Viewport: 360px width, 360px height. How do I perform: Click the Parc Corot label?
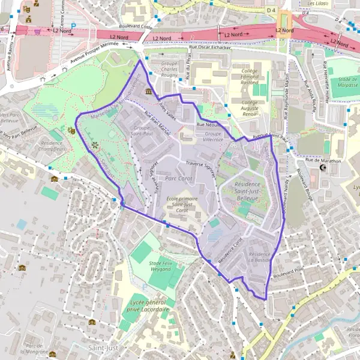178,179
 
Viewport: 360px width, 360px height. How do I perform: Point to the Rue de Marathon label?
323,161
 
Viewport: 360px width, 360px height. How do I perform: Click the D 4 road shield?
271,10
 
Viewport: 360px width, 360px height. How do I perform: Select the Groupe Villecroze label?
213,136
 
